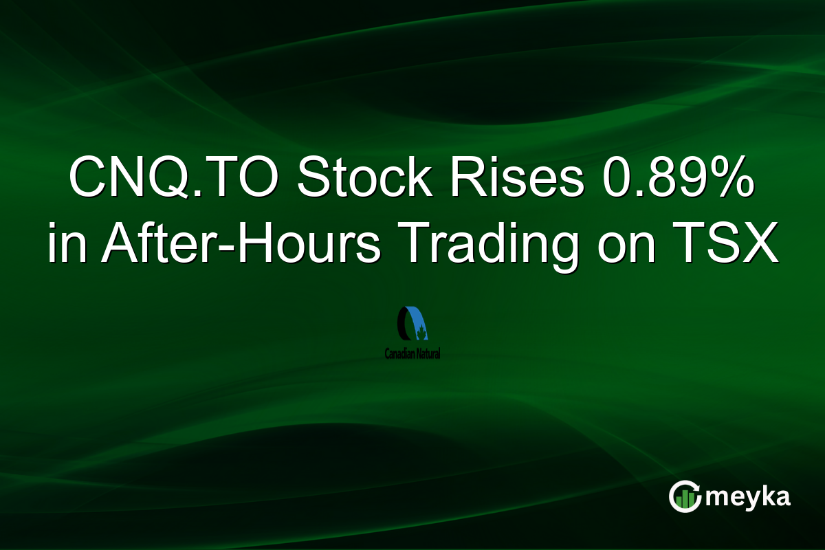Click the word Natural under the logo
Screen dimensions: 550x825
point(428,354)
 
